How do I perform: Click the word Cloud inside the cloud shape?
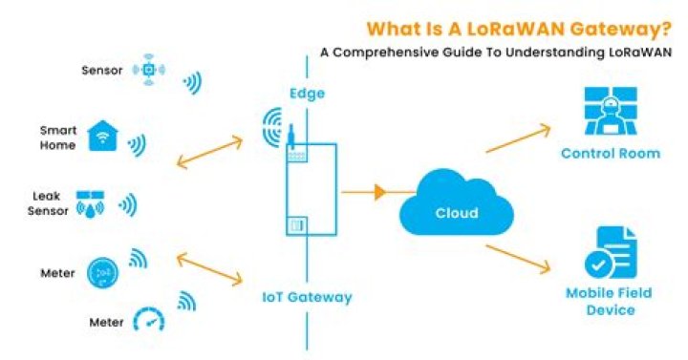456,213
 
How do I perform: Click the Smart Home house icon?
102,137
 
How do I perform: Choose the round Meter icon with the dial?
102,272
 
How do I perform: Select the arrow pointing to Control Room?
518,138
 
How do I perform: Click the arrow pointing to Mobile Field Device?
519,261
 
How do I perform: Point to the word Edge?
307,94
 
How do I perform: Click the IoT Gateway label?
307,297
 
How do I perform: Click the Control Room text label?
610,154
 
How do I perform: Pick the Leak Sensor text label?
45,202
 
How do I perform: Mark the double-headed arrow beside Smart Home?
209,153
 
